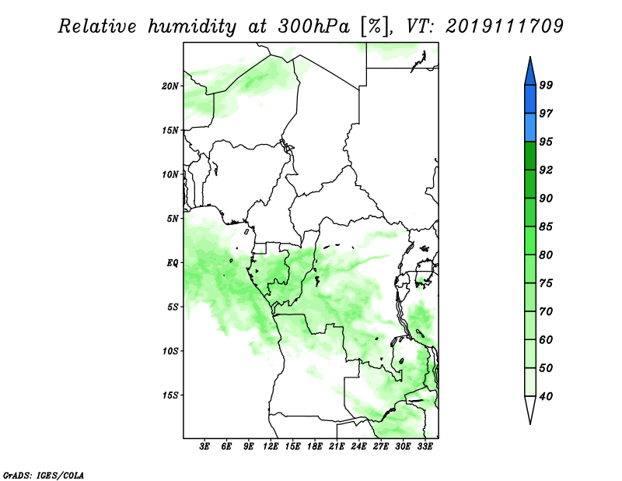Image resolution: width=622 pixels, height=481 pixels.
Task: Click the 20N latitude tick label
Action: point(170,86)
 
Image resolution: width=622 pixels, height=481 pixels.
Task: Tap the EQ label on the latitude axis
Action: point(172,263)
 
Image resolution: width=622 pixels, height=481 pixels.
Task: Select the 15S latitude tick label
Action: point(170,395)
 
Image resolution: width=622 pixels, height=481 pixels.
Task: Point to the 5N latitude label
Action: point(173,219)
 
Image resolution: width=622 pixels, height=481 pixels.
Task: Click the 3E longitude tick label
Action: point(204,447)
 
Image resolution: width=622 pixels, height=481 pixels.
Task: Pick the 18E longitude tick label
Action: point(315,447)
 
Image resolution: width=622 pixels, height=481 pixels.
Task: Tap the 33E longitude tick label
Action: point(425,447)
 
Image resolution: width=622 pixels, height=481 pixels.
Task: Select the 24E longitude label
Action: point(358,447)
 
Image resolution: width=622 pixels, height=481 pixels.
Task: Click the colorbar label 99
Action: point(546,85)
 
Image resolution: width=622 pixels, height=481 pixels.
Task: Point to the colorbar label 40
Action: point(546,396)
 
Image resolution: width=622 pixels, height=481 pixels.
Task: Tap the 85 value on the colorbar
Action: point(546,226)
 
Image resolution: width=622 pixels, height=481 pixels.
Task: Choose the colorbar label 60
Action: point(546,339)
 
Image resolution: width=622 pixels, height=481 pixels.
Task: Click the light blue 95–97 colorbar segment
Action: point(530,128)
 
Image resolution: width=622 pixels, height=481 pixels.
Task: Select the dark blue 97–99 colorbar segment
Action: point(530,100)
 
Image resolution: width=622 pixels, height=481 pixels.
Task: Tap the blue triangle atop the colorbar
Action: point(530,73)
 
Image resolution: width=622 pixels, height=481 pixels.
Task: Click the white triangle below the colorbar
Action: point(530,409)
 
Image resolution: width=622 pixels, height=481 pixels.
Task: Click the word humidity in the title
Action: point(192,26)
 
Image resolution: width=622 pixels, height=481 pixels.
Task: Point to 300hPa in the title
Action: point(313,26)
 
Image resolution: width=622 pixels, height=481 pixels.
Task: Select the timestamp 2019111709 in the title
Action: point(504,26)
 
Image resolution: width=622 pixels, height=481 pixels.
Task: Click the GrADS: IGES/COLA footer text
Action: point(44,475)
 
